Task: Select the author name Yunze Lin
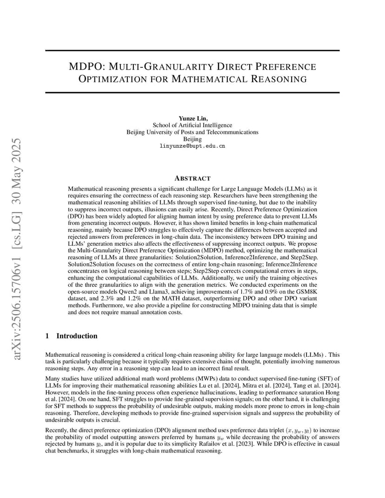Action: coord(192,118)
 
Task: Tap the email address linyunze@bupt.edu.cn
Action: coord(192,146)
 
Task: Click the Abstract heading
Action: coord(192,178)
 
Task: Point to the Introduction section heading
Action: coord(77,336)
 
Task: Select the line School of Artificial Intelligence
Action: coord(192,125)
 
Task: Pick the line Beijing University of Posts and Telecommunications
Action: coord(192,132)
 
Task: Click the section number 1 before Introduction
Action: coord(47,336)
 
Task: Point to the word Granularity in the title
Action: coord(156,66)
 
